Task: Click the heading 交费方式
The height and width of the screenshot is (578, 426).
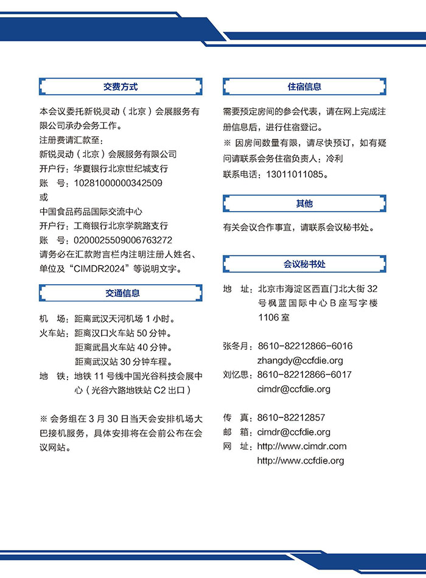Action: (120, 87)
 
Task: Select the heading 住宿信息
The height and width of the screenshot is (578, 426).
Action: (304, 87)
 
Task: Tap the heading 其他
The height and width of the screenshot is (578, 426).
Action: (304, 204)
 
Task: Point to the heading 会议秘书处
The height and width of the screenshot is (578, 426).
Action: (304, 264)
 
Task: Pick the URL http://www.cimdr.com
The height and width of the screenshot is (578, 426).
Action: (302, 446)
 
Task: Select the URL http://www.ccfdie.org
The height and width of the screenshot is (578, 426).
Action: (301, 461)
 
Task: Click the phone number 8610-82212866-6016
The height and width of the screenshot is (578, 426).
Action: (305, 346)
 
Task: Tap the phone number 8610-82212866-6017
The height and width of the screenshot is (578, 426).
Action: (305, 375)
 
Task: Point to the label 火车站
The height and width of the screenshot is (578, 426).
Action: (54, 333)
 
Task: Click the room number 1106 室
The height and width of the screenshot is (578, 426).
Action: (274, 318)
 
